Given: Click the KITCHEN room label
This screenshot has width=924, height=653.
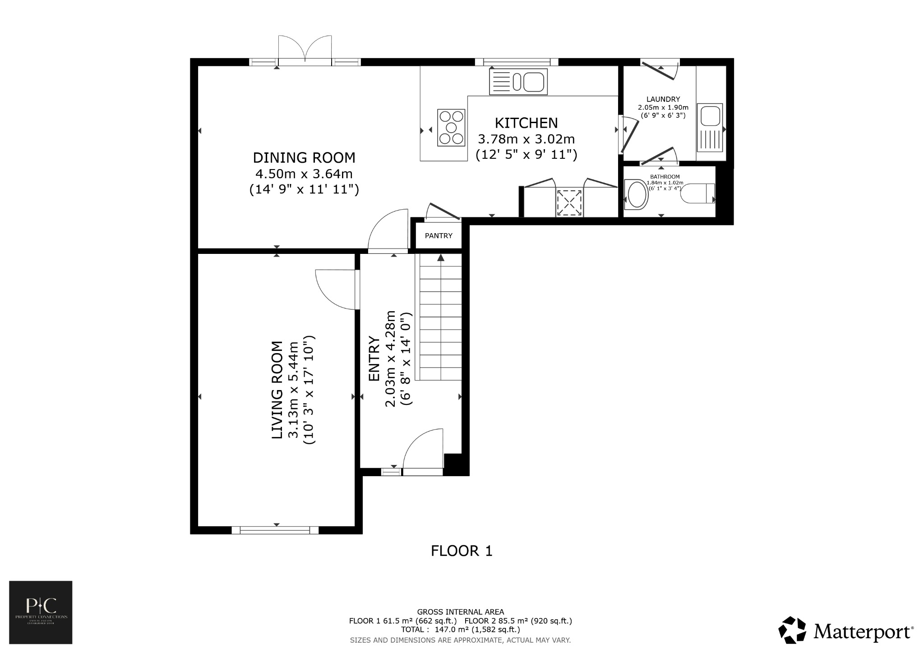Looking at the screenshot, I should (x=526, y=123).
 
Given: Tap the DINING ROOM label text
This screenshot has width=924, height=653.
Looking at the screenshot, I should (x=304, y=158).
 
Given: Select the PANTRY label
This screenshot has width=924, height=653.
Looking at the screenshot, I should (x=439, y=236).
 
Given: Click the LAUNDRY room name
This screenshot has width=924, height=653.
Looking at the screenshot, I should (x=663, y=99).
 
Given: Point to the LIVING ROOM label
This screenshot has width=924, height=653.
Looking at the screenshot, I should (x=277, y=390).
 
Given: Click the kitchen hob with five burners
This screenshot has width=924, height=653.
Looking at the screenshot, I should (x=451, y=128).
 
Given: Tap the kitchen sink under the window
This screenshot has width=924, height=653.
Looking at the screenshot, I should (x=518, y=82).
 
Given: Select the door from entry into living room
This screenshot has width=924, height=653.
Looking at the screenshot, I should (x=336, y=290).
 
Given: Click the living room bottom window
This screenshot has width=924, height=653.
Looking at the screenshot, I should (x=275, y=530).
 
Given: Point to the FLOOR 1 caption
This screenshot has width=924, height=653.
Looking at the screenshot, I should (x=462, y=551).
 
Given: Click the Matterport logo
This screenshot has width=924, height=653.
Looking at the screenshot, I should (x=846, y=630).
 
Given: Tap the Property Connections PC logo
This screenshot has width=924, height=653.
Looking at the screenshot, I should (x=41, y=612).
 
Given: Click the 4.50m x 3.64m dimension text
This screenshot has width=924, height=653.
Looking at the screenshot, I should (x=304, y=174).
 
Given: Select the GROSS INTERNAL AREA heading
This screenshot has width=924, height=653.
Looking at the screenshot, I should (x=460, y=612).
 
